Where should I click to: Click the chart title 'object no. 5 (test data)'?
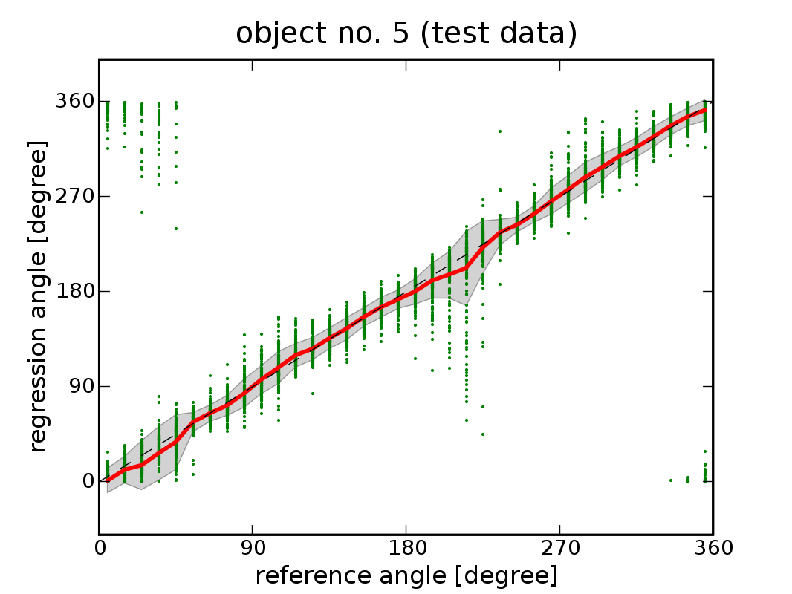pyautogui.click(x=406, y=33)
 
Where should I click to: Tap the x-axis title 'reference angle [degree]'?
pyautogui.click(x=406, y=575)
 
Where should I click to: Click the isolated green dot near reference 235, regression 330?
pyautogui.click(x=500, y=131)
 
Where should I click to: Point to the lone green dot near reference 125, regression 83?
pyautogui.click(x=313, y=393)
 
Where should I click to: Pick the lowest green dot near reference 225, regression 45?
pyautogui.click(x=483, y=434)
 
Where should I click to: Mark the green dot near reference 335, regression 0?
pyautogui.click(x=671, y=480)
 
